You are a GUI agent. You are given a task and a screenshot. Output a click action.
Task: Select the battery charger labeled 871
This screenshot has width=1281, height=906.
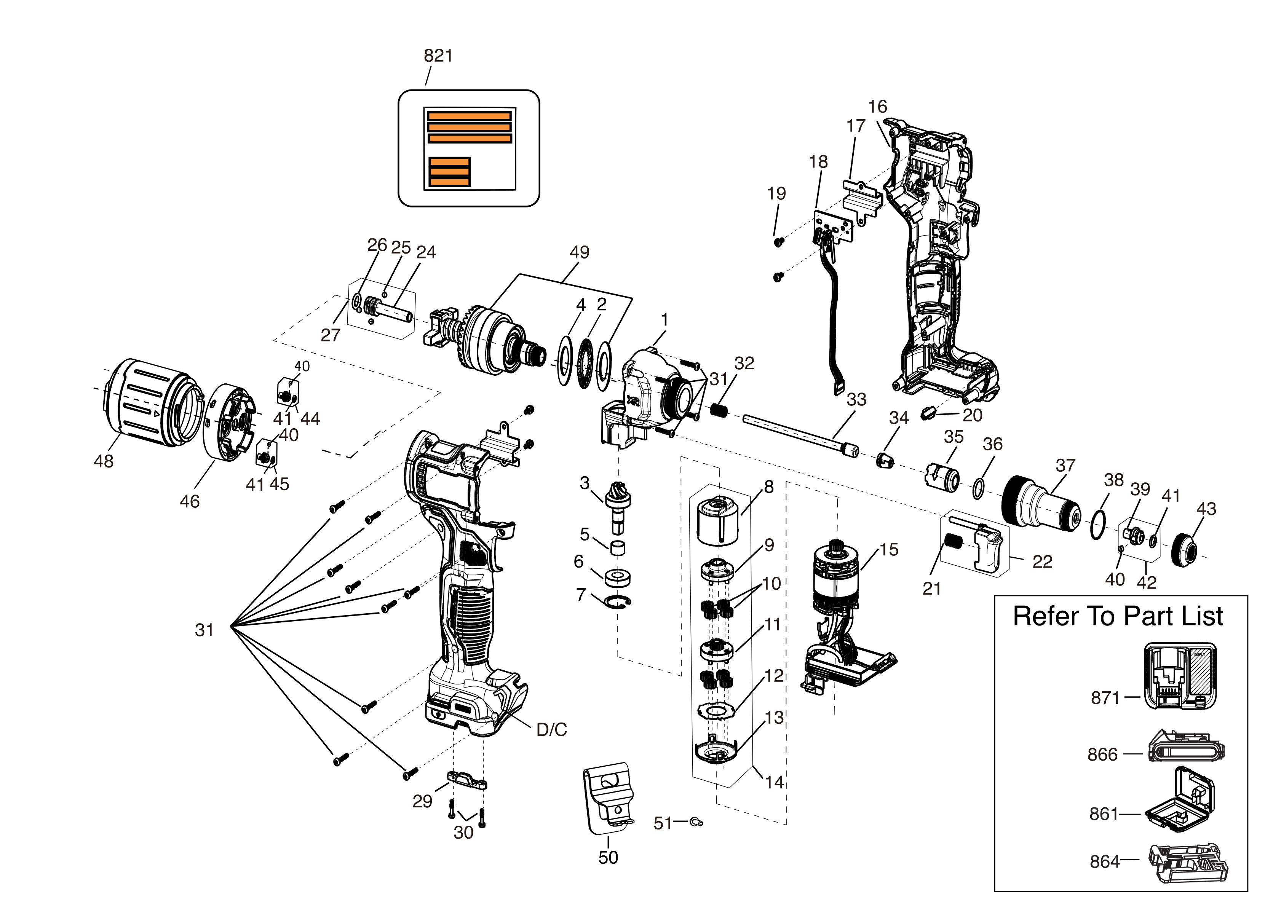[1179, 676]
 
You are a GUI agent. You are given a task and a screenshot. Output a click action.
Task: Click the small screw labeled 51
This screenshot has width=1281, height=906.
[696, 822]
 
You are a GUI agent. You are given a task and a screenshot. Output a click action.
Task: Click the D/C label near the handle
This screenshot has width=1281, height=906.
[551, 730]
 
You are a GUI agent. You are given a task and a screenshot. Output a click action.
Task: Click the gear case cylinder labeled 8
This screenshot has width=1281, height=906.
[718, 520]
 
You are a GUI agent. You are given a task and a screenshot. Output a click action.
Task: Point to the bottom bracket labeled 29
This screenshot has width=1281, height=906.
[466, 780]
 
